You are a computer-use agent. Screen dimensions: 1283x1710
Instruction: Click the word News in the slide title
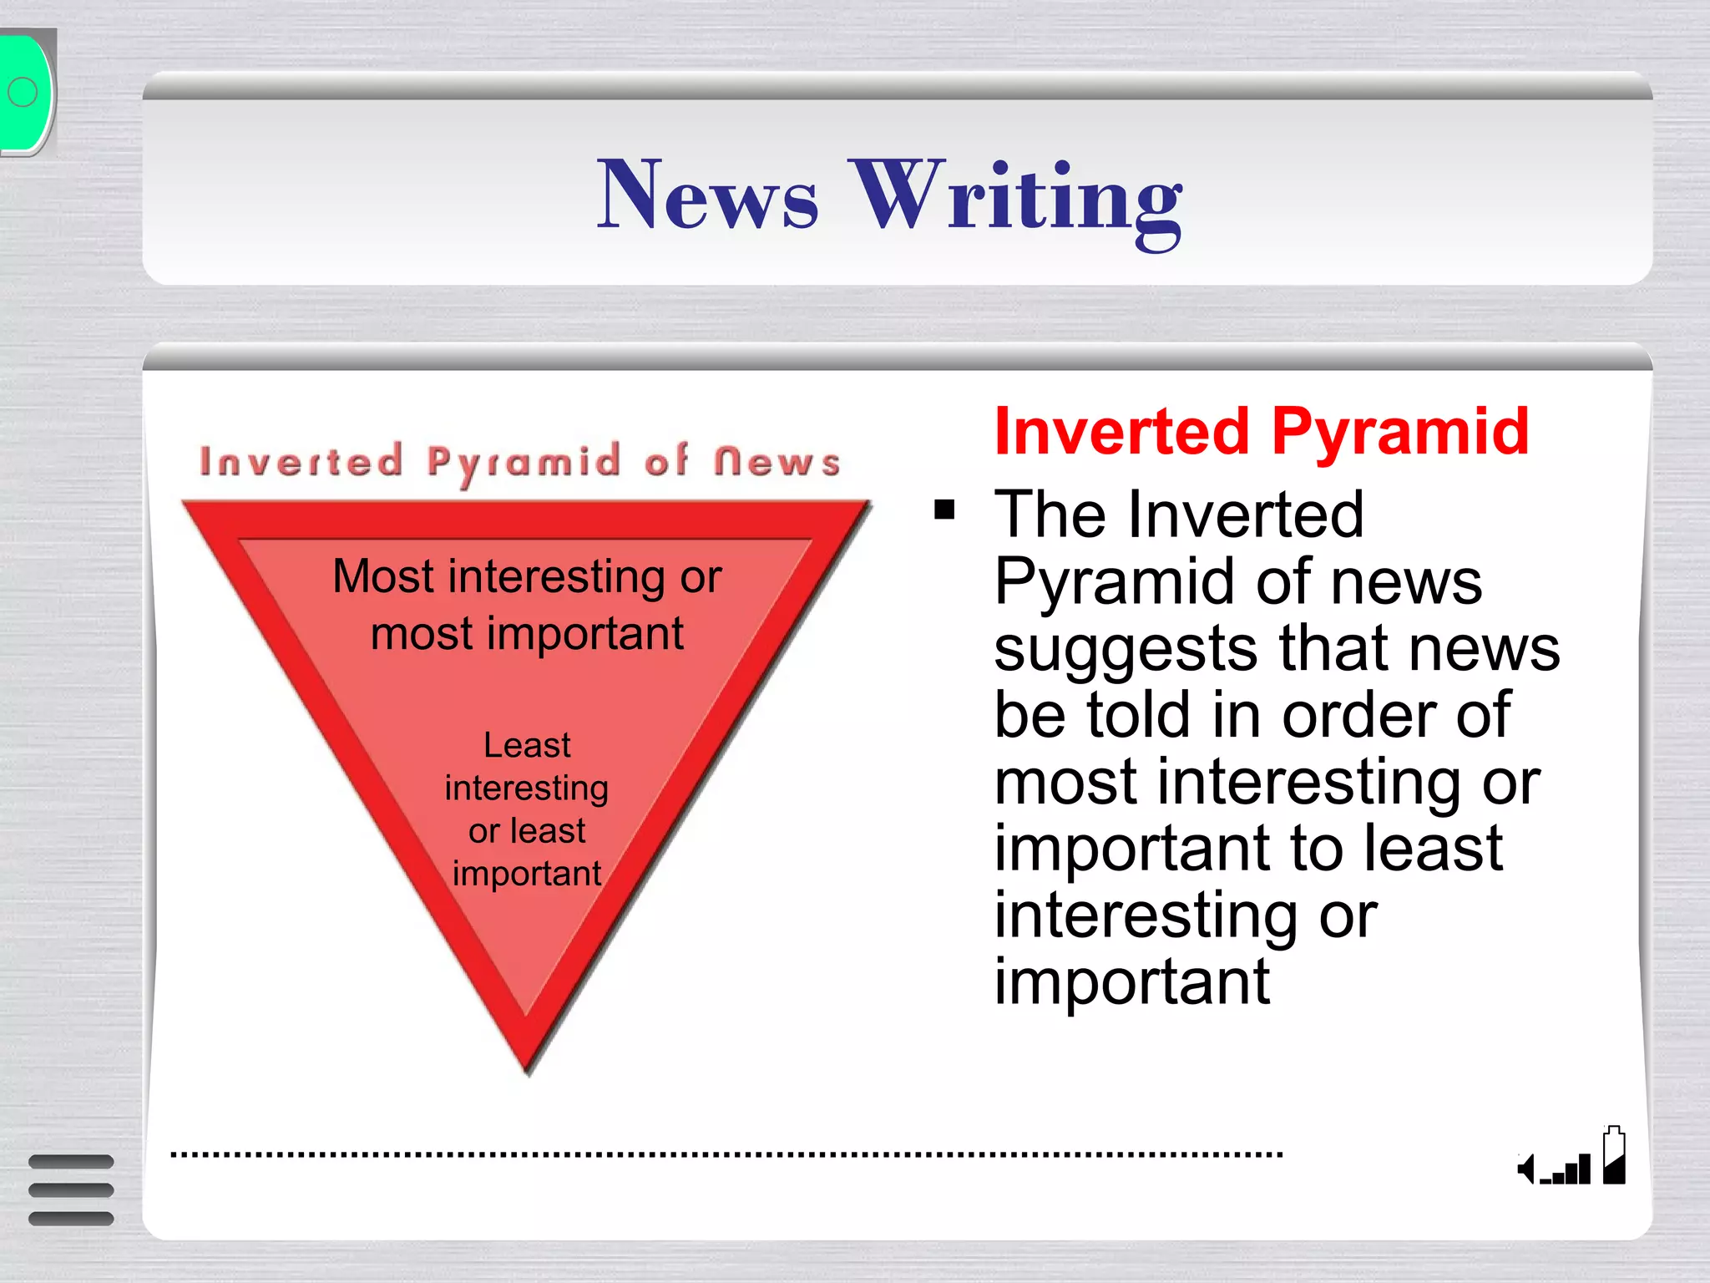click(707, 196)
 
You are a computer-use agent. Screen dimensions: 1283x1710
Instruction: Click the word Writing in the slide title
click(1016, 200)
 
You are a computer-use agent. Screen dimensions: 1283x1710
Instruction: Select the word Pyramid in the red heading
click(1400, 433)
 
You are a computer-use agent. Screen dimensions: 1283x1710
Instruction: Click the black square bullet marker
click(944, 510)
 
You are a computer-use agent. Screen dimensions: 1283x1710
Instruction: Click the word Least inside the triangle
click(527, 745)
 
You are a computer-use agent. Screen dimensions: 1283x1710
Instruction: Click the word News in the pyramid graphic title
click(777, 462)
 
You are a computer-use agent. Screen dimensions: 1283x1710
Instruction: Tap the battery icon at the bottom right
click(1614, 1156)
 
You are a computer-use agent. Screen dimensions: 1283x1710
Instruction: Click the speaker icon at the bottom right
click(1525, 1169)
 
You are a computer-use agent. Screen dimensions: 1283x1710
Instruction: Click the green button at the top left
click(25, 92)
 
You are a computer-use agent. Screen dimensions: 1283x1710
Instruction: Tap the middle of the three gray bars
click(71, 1190)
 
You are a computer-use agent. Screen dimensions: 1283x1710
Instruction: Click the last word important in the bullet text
click(1131, 982)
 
